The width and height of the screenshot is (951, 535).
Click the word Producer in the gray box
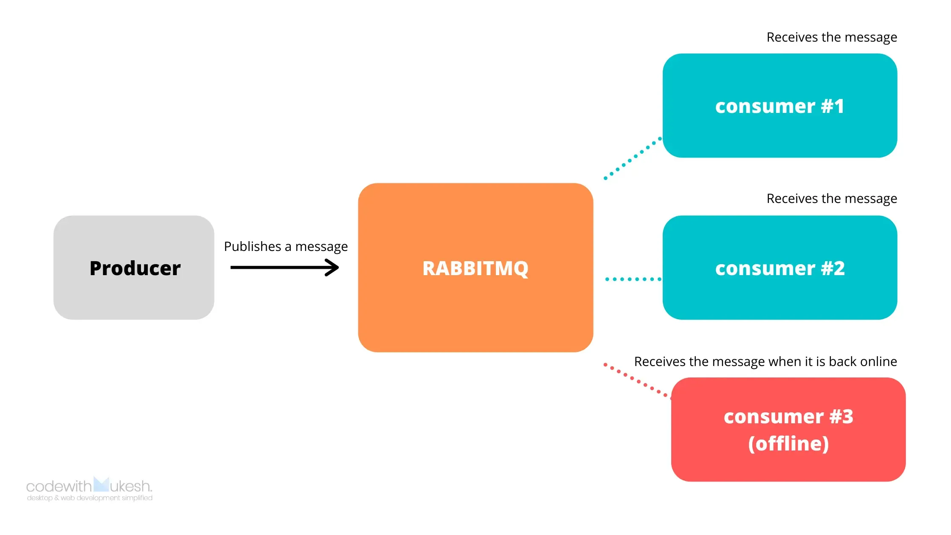pyautogui.click(x=135, y=268)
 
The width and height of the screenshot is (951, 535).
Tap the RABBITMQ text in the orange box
pyautogui.click(x=475, y=268)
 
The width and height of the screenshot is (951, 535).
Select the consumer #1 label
pyautogui.click(x=779, y=106)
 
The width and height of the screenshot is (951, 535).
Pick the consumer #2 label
pyautogui.click(x=779, y=268)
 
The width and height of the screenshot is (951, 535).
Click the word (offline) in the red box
pyautogui.click(x=788, y=444)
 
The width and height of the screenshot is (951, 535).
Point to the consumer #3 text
pyautogui.click(x=788, y=417)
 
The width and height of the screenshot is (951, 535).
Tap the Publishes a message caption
pyautogui.click(x=286, y=247)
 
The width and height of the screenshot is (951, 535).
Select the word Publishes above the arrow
pyautogui.click(x=253, y=247)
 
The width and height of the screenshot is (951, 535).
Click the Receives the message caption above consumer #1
pyautogui.click(x=831, y=37)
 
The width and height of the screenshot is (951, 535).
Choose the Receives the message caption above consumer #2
pyautogui.click(x=831, y=199)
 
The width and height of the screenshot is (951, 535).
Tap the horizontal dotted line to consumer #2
pyautogui.click(x=633, y=279)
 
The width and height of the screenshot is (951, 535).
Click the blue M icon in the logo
pyautogui.click(x=101, y=484)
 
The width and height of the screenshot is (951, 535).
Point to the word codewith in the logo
pyautogui.click(x=59, y=486)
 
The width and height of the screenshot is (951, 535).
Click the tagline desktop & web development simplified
pyautogui.click(x=90, y=498)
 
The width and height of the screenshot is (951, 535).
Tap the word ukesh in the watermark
pyautogui.click(x=130, y=486)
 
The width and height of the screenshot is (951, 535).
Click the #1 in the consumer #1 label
pyautogui.click(x=832, y=106)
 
